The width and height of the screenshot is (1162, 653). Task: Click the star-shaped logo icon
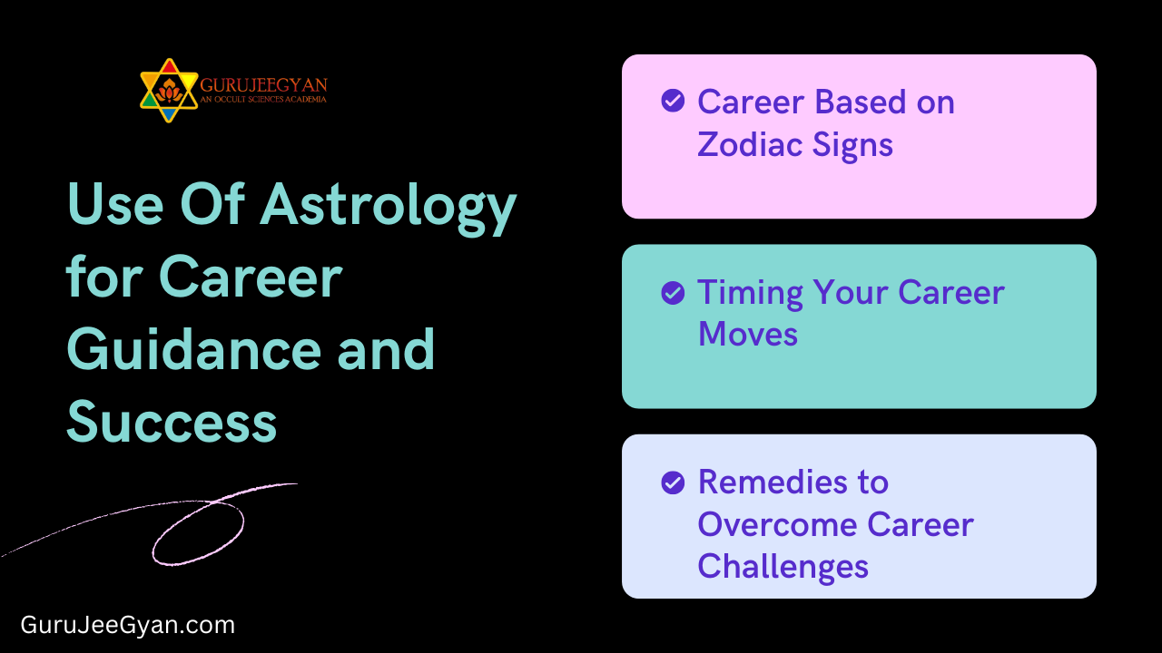coord(169,91)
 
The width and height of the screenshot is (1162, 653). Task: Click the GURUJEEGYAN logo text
coord(263,85)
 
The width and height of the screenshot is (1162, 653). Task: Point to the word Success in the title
coord(172,422)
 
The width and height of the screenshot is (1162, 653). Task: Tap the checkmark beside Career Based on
coord(673,101)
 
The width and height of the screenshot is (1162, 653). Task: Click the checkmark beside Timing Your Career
coord(673,292)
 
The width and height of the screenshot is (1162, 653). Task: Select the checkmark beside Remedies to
coord(673,482)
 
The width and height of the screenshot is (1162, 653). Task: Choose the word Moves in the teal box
coord(748,335)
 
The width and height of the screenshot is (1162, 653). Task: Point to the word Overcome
coord(777,524)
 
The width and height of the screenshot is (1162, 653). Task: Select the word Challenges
coord(783,567)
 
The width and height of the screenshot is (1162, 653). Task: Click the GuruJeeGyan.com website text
coord(128,625)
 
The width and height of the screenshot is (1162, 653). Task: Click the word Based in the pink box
coord(853,102)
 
